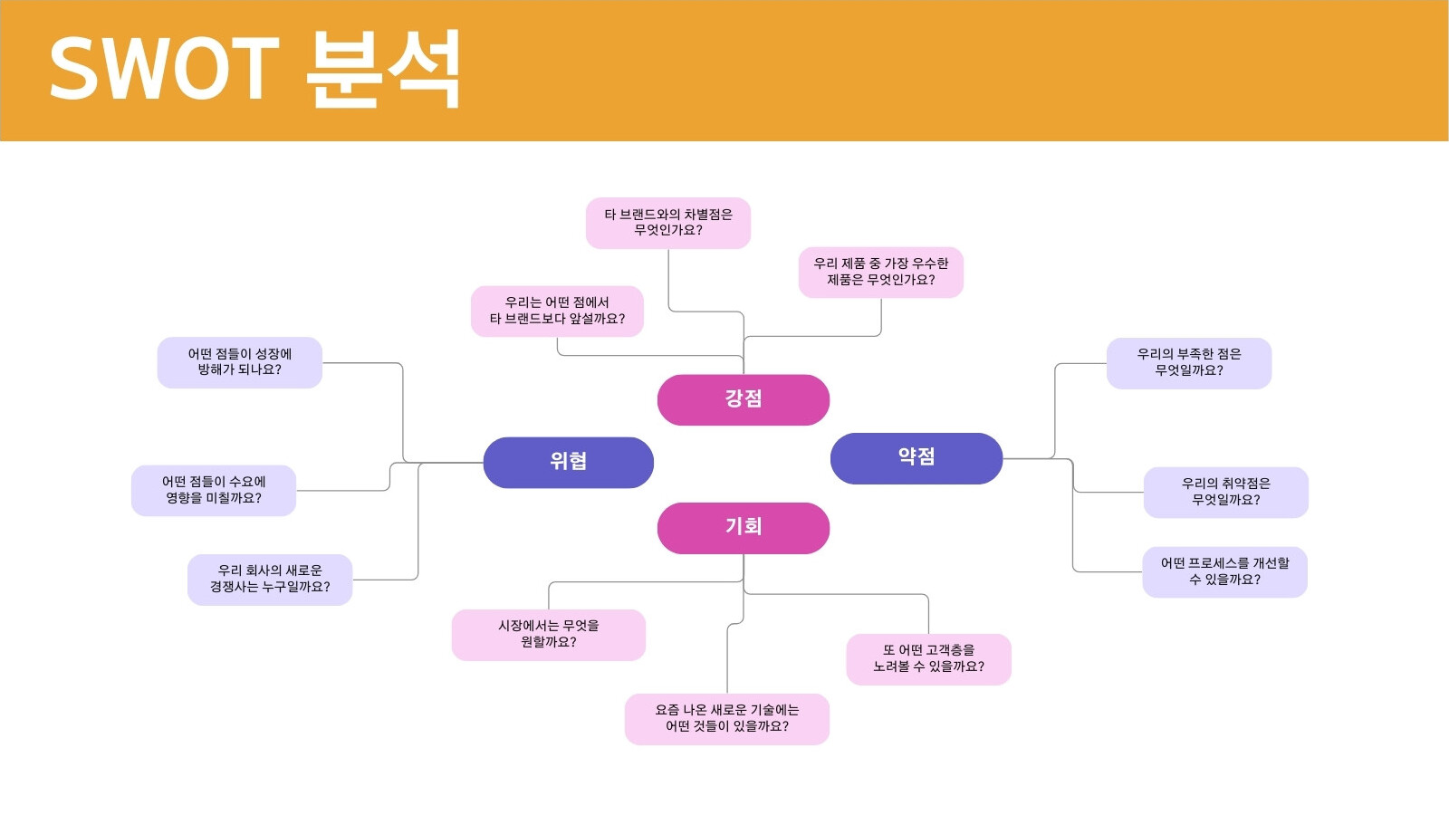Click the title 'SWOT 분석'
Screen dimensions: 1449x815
254,69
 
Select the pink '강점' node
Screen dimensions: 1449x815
744,399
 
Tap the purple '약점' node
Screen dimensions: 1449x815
916,458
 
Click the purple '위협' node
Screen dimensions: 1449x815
569,463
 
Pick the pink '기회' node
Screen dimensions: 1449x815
744,528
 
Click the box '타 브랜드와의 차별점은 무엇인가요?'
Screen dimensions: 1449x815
668,223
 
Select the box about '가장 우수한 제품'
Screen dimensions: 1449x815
881,273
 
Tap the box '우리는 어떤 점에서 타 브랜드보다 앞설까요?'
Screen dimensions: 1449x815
557,312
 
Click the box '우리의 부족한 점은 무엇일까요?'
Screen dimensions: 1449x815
1189,363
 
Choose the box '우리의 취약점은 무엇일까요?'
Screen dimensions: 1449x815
1226,493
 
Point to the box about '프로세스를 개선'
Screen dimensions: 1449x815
1224,571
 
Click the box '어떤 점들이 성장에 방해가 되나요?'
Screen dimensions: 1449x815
240,362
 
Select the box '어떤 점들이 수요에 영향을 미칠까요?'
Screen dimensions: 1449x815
214,490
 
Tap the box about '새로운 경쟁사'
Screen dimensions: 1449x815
270,580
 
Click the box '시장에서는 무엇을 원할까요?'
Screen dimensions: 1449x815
549,635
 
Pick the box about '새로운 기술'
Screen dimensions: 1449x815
727,719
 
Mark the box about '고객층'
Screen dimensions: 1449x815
929,659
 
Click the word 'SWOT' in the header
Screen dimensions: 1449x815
164,69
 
